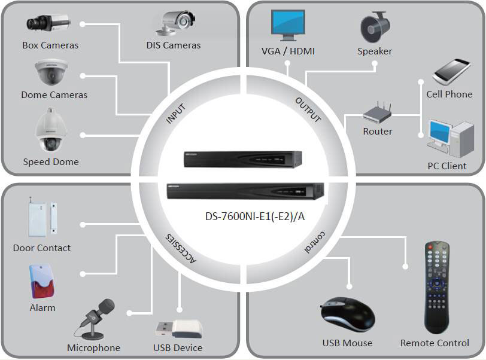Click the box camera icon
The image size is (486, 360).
tap(48, 23)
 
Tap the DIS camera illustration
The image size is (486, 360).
tap(176, 22)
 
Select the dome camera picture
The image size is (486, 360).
tap(51, 72)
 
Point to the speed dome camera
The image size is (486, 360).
tap(51, 130)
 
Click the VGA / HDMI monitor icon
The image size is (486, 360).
tap(288, 25)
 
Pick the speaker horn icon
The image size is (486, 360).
tap(375, 27)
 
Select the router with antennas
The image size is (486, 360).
tap(378, 112)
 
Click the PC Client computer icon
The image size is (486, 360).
tap(450, 138)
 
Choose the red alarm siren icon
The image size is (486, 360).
tap(42, 281)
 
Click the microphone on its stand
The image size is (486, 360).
tap(94, 319)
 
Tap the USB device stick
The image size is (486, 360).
tap(179, 330)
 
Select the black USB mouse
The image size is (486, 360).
tap(347, 315)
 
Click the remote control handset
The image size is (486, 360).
tap(437, 288)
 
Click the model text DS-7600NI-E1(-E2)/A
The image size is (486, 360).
tap(255, 216)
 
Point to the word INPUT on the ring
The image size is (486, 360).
tap(175, 114)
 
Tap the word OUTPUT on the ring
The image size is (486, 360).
tap(308, 109)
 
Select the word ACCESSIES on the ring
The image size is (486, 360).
tap(181, 248)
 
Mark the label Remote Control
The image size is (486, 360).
tap(435, 343)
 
